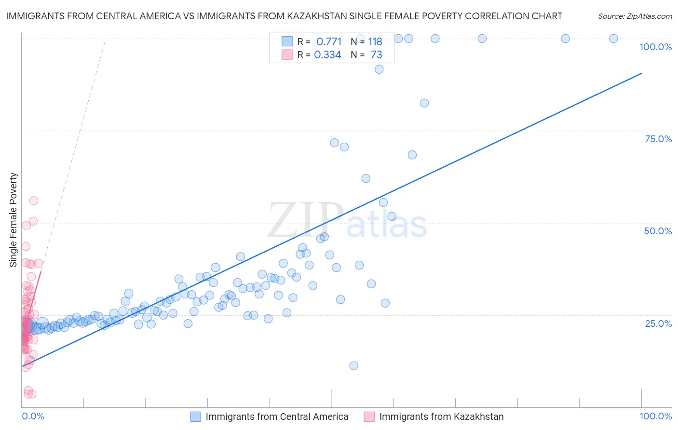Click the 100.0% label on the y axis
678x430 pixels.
pos(655,47)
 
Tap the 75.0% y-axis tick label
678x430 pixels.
pos(658,139)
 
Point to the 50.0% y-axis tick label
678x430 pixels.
pos(658,231)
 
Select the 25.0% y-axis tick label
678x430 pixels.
pos(658,323)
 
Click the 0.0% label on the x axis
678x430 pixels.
pos(33,416)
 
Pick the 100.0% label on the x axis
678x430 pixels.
pos(655,416)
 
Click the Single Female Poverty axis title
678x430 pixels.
pos(14,220)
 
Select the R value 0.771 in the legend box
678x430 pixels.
pos(329,41)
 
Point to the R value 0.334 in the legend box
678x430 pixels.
pos(327,55)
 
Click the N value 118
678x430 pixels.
pos(375,41)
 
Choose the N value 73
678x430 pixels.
pos(376,55)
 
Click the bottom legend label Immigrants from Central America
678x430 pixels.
pos(277,417)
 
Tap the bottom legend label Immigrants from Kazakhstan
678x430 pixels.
pos(441,417)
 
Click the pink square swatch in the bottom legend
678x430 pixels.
pos(369,417)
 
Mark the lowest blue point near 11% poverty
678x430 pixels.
pos(353,366)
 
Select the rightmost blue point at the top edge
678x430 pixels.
pos(613,39)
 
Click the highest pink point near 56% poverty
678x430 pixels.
pos(34,201)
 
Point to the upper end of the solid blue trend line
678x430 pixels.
pos(641,73)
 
